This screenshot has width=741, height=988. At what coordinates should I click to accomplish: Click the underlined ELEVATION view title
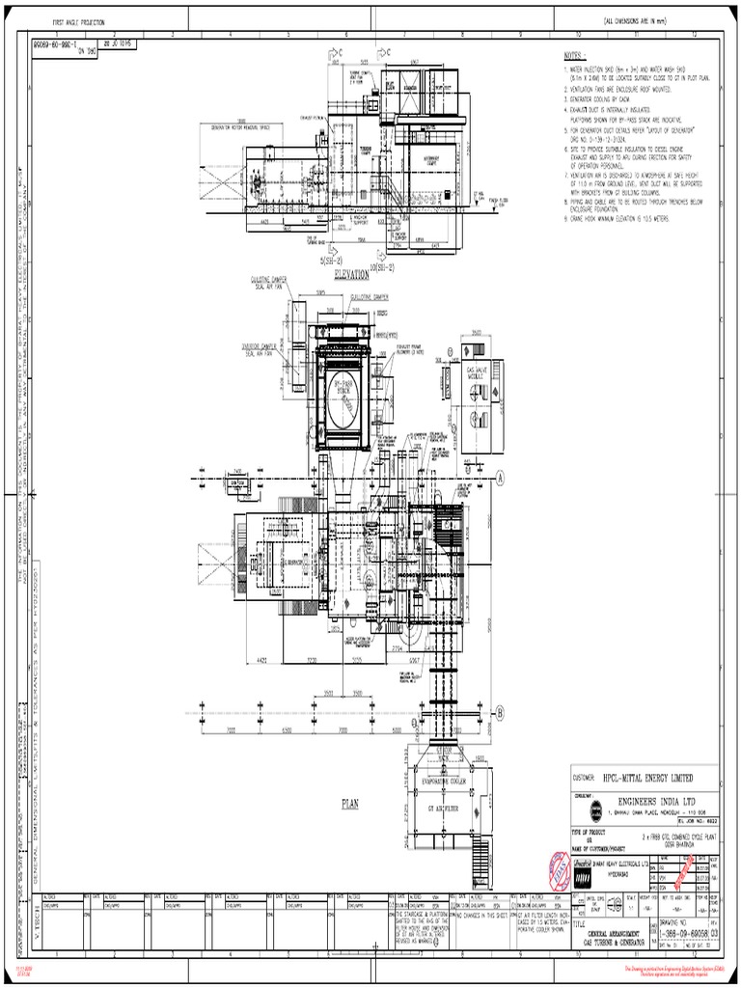click(352, 274)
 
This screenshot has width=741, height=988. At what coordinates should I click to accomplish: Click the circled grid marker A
click(501, 475)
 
